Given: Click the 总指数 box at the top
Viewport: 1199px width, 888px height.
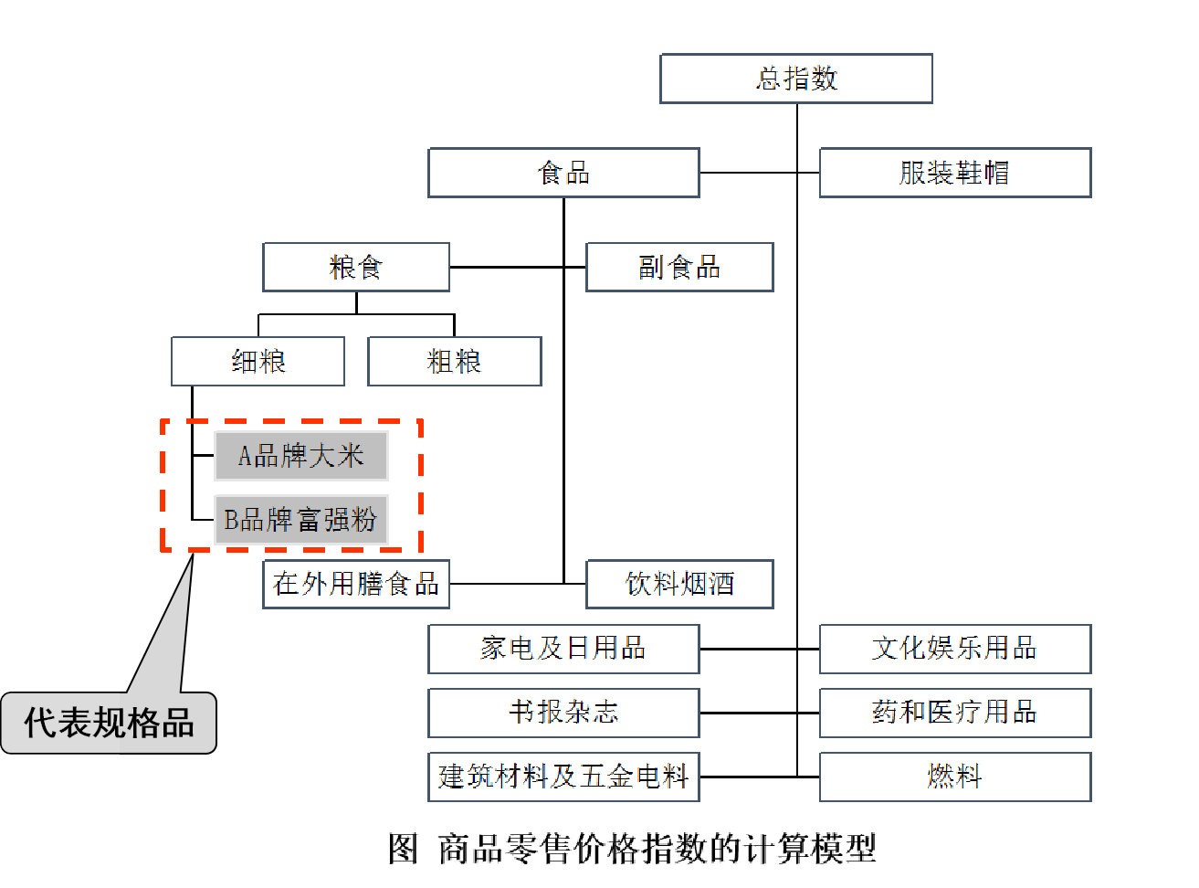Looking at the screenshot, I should click(796, 79).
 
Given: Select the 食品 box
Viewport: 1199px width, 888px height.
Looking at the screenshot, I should click(563, 173).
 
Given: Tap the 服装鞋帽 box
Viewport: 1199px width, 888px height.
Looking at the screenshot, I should click(954, 173).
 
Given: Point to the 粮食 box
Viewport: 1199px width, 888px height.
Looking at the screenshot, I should click(356, 268).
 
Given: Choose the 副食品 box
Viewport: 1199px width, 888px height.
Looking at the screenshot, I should click(679, 268).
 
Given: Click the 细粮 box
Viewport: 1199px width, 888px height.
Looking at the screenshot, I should click(258, 362).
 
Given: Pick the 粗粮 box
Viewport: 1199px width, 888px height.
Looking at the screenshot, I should click(454, 362).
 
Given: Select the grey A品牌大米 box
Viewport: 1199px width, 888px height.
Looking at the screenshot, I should click(301, 456).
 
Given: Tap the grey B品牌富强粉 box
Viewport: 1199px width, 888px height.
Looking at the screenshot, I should click(301, 520).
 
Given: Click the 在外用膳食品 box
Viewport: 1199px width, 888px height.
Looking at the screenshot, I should click(356, 584).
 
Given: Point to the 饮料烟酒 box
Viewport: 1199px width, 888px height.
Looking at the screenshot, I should click(679, 584).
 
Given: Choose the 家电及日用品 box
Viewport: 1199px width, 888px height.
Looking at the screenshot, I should click(563, 649).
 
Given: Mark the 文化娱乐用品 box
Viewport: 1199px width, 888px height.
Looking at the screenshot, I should click(954, 649).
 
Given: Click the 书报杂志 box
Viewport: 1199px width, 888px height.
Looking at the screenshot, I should click(563, 713).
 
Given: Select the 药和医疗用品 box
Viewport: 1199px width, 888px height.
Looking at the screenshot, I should click(954, 713).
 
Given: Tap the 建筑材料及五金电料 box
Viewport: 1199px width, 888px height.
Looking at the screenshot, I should click(563, 777).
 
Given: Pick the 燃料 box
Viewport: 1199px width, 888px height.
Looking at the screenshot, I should click(954, 777).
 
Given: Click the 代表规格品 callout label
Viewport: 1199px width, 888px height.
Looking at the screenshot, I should click(109, 723).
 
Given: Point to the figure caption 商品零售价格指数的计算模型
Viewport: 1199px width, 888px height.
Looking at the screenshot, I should click(632, 849).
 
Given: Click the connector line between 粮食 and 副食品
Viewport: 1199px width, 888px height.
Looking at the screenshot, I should click(507, 268).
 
